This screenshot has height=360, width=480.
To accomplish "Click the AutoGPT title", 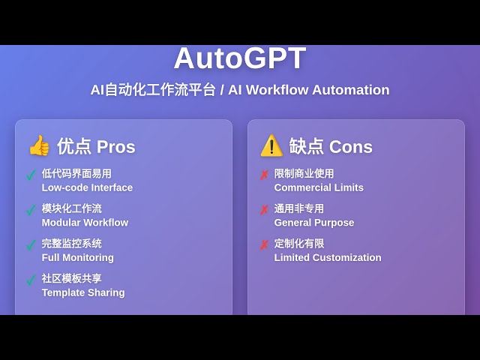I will [240, 58].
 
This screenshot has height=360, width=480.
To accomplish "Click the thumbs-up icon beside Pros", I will [39, 145].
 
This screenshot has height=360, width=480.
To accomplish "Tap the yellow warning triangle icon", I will [271, 145].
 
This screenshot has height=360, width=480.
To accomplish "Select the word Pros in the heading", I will [116, 147].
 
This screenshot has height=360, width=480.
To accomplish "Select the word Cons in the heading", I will [351, 147].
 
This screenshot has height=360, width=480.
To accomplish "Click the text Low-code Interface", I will [87, 187].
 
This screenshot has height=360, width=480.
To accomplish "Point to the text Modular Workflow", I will [85, 223].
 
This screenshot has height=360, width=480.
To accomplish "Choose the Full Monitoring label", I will [78, 258].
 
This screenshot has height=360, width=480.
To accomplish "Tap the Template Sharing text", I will [83, 292].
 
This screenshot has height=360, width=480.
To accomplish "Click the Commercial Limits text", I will [319, 187].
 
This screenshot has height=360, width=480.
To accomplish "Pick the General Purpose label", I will [314, 223].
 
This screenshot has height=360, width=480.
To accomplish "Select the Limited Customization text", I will [328, 258].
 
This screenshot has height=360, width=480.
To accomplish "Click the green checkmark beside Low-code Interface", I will [31, 175].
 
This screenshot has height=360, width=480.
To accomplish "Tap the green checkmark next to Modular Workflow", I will [31, 210].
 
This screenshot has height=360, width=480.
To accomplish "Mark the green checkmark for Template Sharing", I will [31, 280].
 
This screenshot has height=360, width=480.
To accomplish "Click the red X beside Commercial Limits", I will [264, 175].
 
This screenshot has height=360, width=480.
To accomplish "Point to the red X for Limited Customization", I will [264, 245].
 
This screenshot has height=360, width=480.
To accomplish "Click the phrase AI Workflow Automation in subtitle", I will [309, 90].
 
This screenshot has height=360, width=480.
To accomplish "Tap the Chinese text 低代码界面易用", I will [76, 174].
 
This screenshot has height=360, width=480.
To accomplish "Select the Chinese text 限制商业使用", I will [304, 174].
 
